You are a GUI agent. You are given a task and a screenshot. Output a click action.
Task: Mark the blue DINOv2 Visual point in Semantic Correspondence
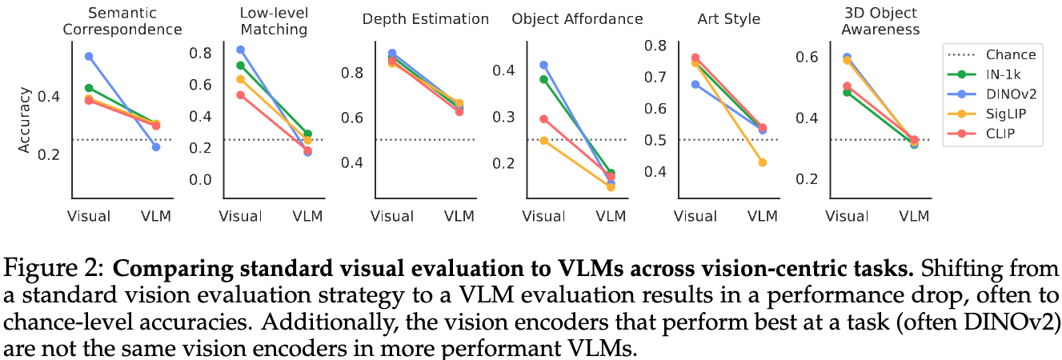[89, 56]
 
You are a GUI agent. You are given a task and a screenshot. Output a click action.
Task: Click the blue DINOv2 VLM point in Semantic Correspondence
[156, 147]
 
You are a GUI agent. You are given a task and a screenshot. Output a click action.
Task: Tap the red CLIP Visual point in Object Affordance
[543, 119]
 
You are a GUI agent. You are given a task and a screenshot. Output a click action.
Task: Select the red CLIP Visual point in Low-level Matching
[240, 95]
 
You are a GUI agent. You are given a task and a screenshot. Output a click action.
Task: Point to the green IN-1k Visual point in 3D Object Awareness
[847, 92]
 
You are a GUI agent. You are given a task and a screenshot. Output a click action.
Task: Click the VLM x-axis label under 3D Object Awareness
[914, 216]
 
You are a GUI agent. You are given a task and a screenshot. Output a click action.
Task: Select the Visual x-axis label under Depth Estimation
[391, 216]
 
